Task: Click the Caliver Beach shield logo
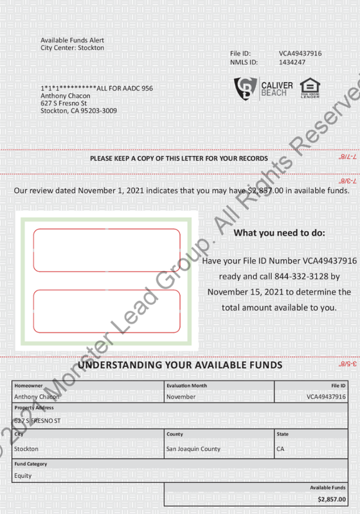coord(245,88)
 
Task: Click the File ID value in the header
coord(300,53)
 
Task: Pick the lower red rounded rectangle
coord(107,312)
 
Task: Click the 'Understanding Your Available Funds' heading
coord(180,365)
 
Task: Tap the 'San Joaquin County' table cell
coord(194,448)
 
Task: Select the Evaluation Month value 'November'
coord(181,397)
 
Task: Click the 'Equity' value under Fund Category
coord(23,475)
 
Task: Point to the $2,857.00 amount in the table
coord(331,499)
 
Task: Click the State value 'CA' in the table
coord(280,448)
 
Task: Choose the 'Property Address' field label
coord(34,407)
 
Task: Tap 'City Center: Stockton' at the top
coord(72,48)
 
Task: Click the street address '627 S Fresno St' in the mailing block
coord(64,103)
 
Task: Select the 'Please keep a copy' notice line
coord(179,157)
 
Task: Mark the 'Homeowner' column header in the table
coord(28,385)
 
